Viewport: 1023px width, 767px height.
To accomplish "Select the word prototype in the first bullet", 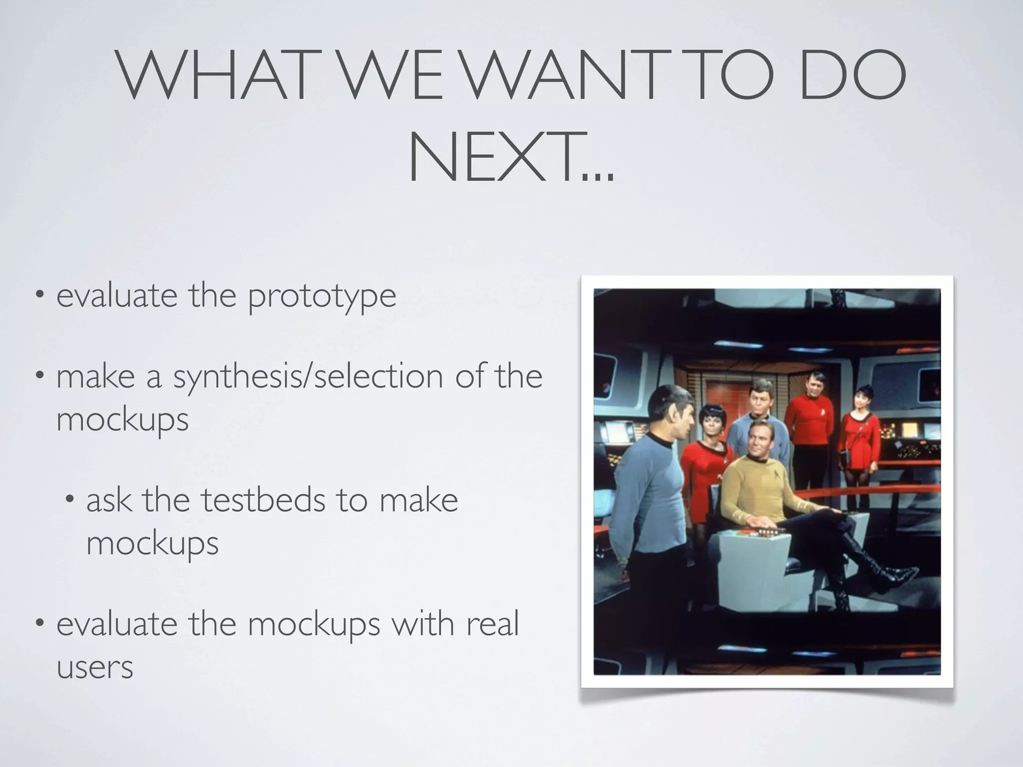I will pyautogui.click(x=322, y=296).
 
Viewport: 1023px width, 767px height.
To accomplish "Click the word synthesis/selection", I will pyautogui.click(x=308, y=377).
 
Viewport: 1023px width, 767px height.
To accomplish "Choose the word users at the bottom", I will pyautogui.click(x=95, y=667).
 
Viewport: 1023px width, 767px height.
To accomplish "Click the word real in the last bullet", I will pyautogui.click(x=493, y=624).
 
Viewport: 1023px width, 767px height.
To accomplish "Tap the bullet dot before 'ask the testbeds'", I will pyautogui.click(x=70, y=499).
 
